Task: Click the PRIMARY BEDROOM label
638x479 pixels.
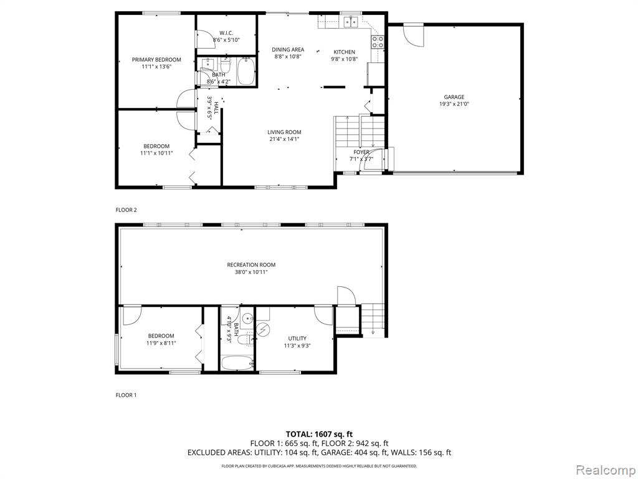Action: coord(156,59)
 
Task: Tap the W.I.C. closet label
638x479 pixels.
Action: coord(226,33)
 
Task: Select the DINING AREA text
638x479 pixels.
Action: coord(288,50)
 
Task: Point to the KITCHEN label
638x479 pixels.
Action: coord(344,52)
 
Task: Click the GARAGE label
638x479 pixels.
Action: coord(454,97)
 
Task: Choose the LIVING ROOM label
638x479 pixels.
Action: coord(284,132)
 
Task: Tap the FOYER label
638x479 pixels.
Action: coord(361,152)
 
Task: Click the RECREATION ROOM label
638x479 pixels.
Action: coord(251,264)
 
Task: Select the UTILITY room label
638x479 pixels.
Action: coord(297,339)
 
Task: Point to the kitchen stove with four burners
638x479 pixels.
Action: coord(377,42)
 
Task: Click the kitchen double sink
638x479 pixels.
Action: coord(350,21)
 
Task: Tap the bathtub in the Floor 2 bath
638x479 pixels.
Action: coord(245,72)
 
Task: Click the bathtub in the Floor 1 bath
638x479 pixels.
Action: coord(237,362)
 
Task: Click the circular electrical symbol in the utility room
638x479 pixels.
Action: coord(264,329)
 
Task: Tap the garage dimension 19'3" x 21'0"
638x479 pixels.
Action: coord(454,104)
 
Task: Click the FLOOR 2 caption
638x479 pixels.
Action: coord(126,210)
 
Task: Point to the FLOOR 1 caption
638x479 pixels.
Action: coord(126,395)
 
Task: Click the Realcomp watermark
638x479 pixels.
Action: coord(605,470)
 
